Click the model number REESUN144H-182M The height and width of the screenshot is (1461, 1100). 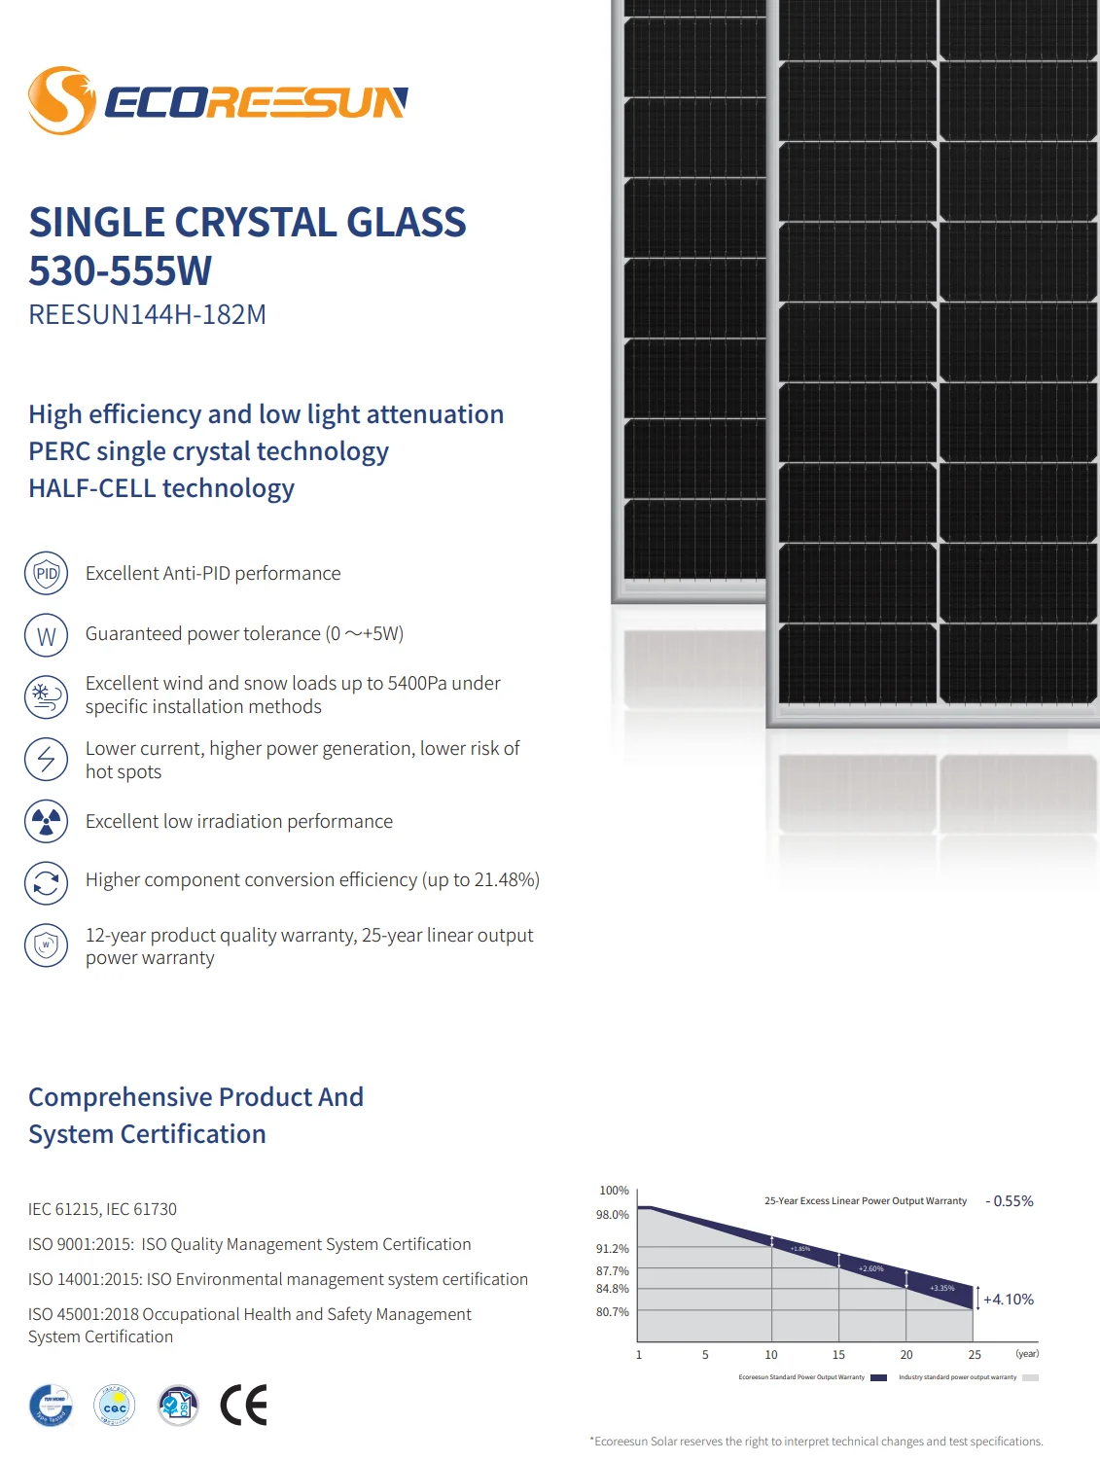147,315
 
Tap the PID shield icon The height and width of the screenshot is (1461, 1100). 46,574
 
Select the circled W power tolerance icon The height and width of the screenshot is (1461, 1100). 46,636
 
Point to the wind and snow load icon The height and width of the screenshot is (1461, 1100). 46,696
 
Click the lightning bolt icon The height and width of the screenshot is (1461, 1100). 46,759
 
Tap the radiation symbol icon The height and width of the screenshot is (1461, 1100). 46,822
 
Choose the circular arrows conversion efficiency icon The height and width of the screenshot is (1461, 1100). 46,883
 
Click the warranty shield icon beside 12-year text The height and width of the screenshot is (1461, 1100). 46,944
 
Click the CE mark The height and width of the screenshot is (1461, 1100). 243,1405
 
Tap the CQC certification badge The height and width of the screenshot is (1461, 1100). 115,1406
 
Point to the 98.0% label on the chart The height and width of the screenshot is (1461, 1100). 613,1215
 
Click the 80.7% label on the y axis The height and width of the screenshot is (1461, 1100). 613,1312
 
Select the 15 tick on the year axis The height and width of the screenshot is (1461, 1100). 838,1354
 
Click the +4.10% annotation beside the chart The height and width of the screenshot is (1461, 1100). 1009,1300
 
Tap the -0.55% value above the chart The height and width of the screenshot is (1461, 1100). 1010,1201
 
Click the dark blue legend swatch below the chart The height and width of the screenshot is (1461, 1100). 878,1377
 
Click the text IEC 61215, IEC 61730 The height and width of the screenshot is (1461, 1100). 102,1209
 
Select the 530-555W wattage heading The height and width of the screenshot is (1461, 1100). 120,270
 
